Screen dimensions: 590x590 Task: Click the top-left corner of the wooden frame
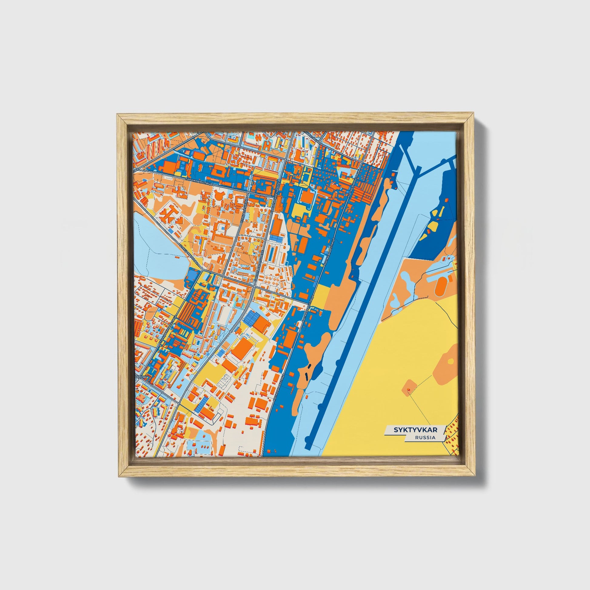pyautogui.click(x=118, y=115)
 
